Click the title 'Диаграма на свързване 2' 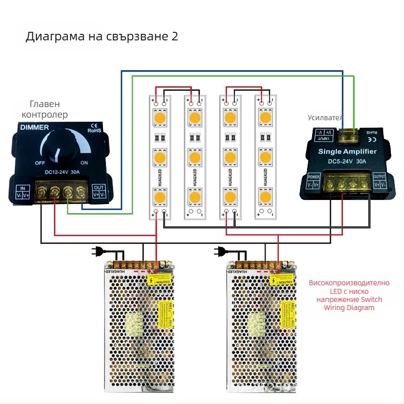tap(102, 37)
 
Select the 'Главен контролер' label tap(44, 109)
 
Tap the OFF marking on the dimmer tap(40, 163)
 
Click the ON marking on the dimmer tap(84, 163)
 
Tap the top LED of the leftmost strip tap(160, 119)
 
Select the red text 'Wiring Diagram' tap(345, 308)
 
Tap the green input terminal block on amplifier tap(348, 135)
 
